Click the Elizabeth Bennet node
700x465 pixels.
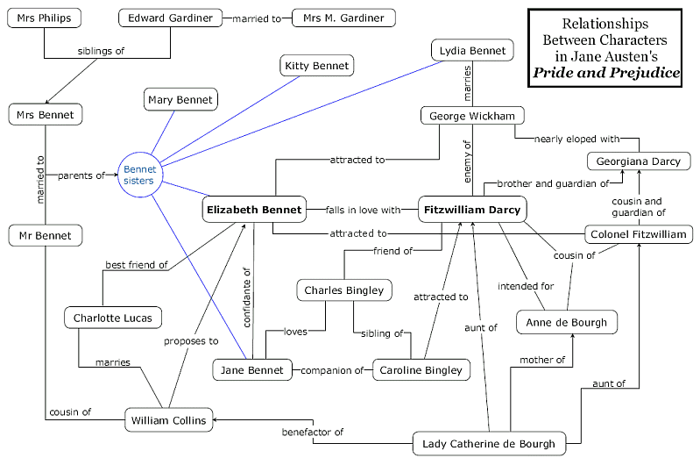[x=252, y=211]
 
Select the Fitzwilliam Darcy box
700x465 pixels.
[x=472, y=211]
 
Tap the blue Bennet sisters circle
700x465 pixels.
[x=138, y=175]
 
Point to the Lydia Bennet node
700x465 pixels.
[x=473, y=51]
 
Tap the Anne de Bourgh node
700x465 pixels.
[x=566, y=322]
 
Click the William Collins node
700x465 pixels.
[x=167, y=420]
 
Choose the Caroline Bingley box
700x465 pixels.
[x=421, y=370]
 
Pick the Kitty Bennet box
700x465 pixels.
[x=316, y=66]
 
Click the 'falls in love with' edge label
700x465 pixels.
[x=362, y=211]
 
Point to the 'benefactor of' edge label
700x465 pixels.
[x=313, y=432]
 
